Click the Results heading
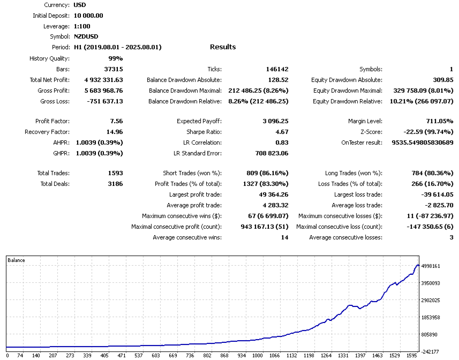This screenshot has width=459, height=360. [223, 47]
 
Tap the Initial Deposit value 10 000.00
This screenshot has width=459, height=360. [88, 16]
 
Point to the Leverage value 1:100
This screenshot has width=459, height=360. [82, 26]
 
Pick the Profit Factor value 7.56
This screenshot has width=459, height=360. [116, 121]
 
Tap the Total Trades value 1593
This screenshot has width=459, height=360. [115, 173]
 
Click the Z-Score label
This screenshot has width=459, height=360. [371, 132]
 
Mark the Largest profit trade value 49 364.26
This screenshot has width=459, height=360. [274, 194]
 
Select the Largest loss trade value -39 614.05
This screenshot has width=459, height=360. [437, 194]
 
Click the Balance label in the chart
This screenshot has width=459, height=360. [16, 260]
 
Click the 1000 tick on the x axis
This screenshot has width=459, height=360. [257, 355]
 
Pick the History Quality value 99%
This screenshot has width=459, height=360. [116, 58]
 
